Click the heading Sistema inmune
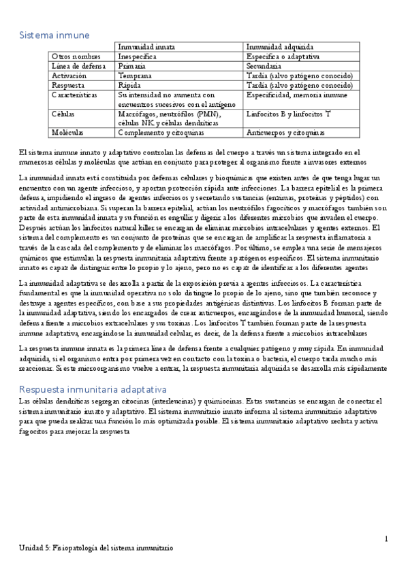point(54,35)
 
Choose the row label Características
point(76,96)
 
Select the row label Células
point(63,115)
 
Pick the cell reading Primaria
point(131,66)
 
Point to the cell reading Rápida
point(129,86)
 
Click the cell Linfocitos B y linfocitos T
point(289,115)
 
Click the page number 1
point(386,539)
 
